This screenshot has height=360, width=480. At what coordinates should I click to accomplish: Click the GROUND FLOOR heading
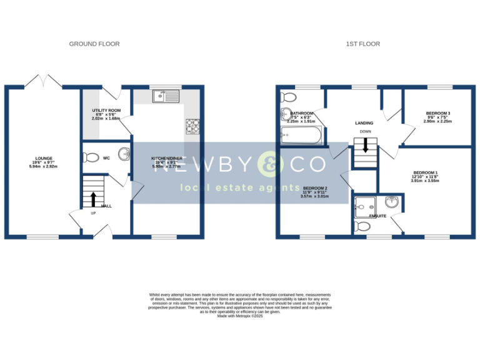click(94, 44)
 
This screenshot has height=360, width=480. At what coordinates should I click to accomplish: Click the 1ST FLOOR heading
click(362, 44)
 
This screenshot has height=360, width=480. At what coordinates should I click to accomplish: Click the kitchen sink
click(165, 96)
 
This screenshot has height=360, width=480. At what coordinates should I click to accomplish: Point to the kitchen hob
click(191, 126)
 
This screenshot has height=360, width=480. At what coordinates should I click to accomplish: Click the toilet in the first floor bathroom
click(288, 97)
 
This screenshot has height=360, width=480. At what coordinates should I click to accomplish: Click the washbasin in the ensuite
click(392, 201)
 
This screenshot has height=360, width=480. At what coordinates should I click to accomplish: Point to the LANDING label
click(364, 123)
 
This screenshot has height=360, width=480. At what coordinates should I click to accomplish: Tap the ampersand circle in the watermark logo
click(272, 164)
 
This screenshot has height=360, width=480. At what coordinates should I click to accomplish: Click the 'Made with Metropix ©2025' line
click(240, 316)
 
